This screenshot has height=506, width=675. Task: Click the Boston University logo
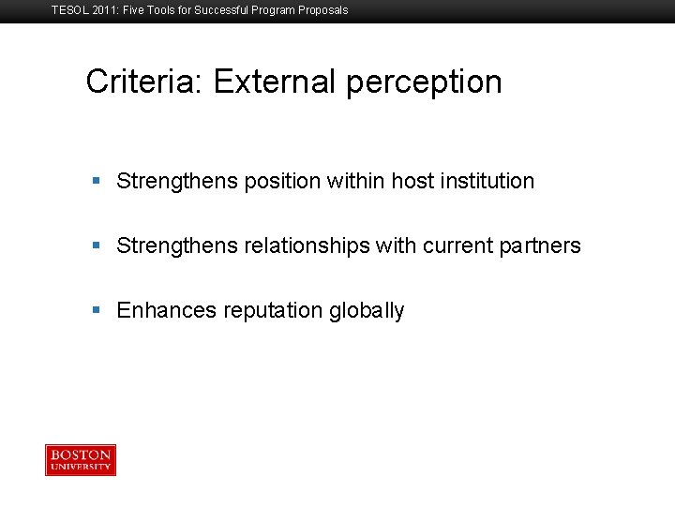pos(81,460)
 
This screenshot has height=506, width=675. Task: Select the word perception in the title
pos(424,83)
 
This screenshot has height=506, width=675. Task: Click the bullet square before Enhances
pos(97,310)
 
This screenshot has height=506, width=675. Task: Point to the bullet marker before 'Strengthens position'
pos(97,181)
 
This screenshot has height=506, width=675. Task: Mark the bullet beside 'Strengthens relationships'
pos(97,246)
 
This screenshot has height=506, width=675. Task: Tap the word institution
pos(487,181)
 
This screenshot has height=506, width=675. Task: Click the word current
pos(457,246)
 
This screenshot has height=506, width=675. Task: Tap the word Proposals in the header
pos(322,10)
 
